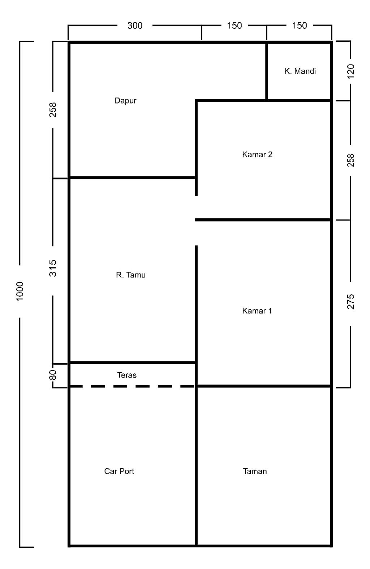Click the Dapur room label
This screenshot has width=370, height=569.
[125, 101]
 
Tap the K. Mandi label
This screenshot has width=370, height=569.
[300, 71]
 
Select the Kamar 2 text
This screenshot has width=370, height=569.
[257, 154]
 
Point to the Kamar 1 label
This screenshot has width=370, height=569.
[257, 311]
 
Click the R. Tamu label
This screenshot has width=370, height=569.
[131, 275]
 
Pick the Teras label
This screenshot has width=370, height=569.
[126, 375]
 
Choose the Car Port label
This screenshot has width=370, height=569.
[119, 472]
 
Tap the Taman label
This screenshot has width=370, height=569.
[255, 472]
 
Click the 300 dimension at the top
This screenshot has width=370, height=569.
[135, 26]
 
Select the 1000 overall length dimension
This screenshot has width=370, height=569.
[20, 292]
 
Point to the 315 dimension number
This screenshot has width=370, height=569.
[53, 268]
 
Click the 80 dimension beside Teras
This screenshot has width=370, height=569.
[53, 375]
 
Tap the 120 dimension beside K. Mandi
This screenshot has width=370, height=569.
[351, 72]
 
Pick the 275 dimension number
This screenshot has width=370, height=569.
[351, 302]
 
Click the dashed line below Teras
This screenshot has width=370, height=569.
[132, 386]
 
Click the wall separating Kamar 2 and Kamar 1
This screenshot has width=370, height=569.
[263, 220]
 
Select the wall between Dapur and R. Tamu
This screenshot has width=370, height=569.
[133, 178]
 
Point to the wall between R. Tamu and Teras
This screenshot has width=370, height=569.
[133, 363]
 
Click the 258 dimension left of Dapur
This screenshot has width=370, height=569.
[53, 110]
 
